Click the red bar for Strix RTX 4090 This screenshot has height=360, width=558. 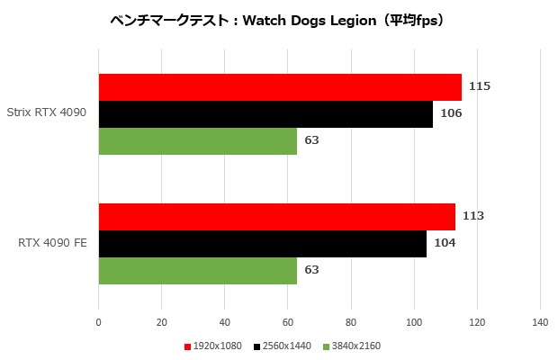coord(280,87)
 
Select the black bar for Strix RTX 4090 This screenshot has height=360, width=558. coord(265,114)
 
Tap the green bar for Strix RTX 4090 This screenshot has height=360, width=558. coord(198,141)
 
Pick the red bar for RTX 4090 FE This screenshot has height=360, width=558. coord(276,217)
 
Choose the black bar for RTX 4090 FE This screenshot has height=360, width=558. coord(262,244)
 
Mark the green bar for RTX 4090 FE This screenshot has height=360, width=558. coord(198,271)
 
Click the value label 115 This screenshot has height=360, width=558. coord(480,86)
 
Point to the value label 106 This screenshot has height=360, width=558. coord(450,113)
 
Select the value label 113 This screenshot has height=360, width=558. coord(473,216)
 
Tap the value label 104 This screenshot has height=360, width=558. coord(444,243)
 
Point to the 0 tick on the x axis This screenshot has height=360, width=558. coord(99,321)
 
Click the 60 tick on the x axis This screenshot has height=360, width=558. coord(288,321)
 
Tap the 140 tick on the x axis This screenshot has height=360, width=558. coord(540,321)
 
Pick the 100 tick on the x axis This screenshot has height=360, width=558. coord(414,321)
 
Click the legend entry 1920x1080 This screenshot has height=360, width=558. coord(216,346)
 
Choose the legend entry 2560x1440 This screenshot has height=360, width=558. coord(284,346)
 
